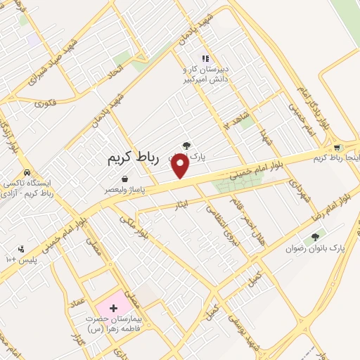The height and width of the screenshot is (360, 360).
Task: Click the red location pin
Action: point(181,165)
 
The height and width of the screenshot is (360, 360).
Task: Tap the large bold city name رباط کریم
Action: point(134,159)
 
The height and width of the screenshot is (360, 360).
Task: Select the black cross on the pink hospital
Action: point(113,308)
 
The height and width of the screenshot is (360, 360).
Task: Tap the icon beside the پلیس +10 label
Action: point(21,248)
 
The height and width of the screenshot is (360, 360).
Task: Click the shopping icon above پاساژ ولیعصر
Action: point(124,179)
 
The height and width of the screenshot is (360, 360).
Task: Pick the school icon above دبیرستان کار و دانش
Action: point(205,59)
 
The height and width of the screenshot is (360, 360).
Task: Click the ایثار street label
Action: point(181,205)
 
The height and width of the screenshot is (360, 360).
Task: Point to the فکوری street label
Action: point(45,102)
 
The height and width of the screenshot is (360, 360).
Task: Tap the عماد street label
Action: point(78,305)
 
